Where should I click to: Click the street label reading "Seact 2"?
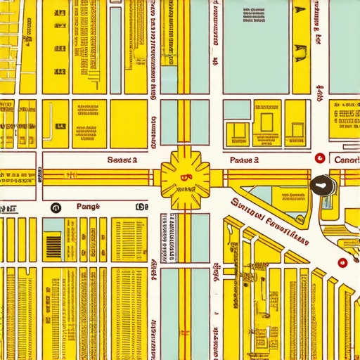122,160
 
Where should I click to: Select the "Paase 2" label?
245,160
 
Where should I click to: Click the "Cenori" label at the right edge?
347,160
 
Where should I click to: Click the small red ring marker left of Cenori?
320,159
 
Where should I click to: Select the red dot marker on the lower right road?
340,264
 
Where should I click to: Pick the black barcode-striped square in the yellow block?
53,247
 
